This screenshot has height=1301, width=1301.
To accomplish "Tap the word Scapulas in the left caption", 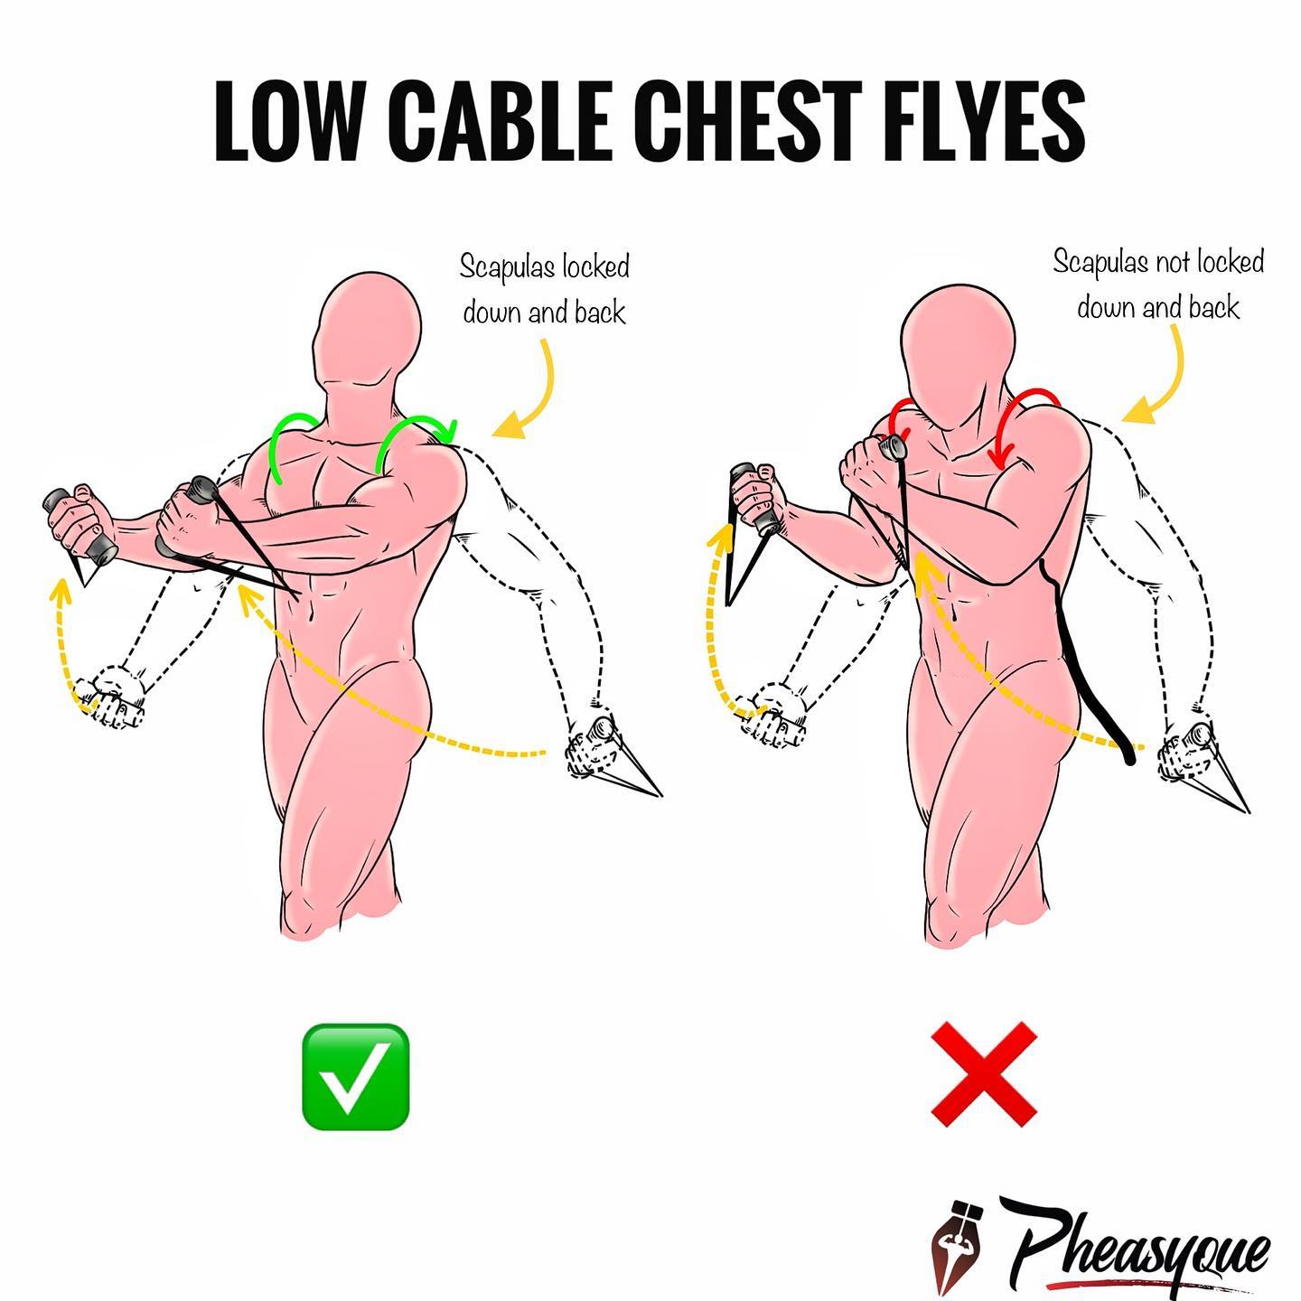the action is [509, 268].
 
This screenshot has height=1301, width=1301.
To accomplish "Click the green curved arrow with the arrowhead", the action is [413, 426].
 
